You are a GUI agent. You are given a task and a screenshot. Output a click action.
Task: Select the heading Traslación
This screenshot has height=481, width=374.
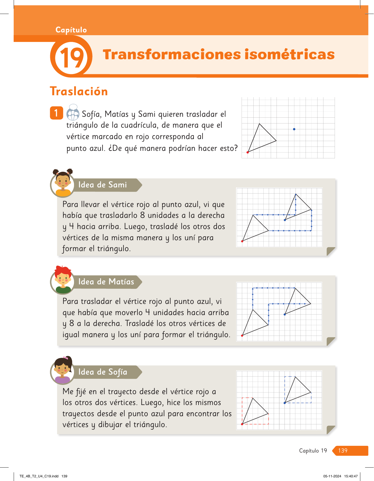click(x=79, y=91)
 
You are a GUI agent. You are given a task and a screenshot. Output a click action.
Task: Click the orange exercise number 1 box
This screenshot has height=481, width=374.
click(x=56, y=113)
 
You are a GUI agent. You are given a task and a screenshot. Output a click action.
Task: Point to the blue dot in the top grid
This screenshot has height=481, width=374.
click(x=294, y=129)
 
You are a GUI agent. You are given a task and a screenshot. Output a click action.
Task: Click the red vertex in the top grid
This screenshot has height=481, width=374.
click(x=248, y=152)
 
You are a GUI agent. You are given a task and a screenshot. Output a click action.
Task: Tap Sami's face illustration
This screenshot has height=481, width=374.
click(x=63, y=183)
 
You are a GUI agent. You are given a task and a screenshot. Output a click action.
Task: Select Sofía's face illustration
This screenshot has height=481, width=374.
click(x=63, y=370)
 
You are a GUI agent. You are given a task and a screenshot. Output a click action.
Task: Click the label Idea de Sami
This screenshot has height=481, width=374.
click(x=103, y=185)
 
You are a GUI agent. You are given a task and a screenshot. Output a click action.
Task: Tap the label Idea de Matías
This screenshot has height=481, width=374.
click(x=106, y=282)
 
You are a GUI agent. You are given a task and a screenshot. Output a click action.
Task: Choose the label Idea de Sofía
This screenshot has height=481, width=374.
click(x=103, y=372)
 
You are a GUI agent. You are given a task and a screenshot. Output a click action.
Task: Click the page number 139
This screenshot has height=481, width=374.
click(x=343, y=451)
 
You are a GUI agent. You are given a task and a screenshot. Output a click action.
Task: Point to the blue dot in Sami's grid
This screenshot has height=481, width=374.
click(x=285, y=220)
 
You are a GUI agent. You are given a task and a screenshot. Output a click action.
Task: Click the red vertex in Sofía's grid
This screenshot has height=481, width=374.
click(x=242, y=424)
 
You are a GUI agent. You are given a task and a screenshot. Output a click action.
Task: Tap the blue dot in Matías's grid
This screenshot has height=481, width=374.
click(x=285, y=315)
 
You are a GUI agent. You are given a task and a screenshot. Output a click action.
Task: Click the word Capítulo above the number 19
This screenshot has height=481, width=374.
click(x=71, y=30)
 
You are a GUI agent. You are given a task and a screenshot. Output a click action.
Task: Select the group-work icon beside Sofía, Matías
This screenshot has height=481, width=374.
click(x=73, y=112)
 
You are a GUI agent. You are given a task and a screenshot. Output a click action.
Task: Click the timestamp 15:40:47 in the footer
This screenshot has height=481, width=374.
click(x=351, y=476)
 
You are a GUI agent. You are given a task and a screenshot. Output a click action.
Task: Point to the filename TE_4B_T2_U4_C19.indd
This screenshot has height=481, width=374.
click(x=39, y=476)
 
